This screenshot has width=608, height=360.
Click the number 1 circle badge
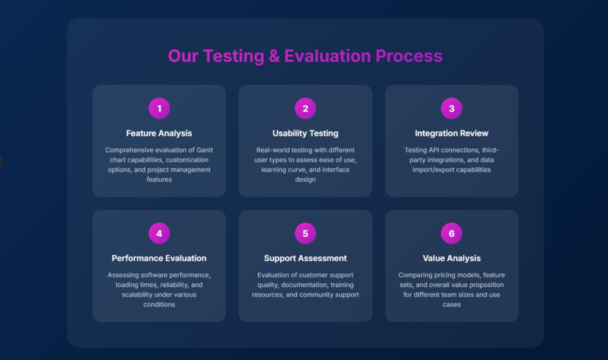click(159, 108)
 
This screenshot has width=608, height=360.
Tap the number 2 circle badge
click(305, 108)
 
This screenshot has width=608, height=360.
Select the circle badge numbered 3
click(451, 108)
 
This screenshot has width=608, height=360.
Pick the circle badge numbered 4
click(159, 233)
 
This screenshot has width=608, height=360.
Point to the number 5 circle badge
click(305, 233)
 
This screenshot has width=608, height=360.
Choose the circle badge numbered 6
click(451, 233)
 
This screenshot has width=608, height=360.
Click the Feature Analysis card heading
click(159, 134)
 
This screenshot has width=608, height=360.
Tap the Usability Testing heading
click(305, 134)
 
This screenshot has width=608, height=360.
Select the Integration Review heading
click(451, 134)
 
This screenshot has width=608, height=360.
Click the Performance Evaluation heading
click(159, 258)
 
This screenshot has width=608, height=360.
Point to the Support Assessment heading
click(305, 258)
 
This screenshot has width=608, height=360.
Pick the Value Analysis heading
click(451, 258)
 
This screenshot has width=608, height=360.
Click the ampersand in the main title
click(274, 56)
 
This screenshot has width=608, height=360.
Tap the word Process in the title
click(408, 56)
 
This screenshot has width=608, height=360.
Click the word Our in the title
click(183, 56)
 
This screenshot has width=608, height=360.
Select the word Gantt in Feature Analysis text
click(204, 150)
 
